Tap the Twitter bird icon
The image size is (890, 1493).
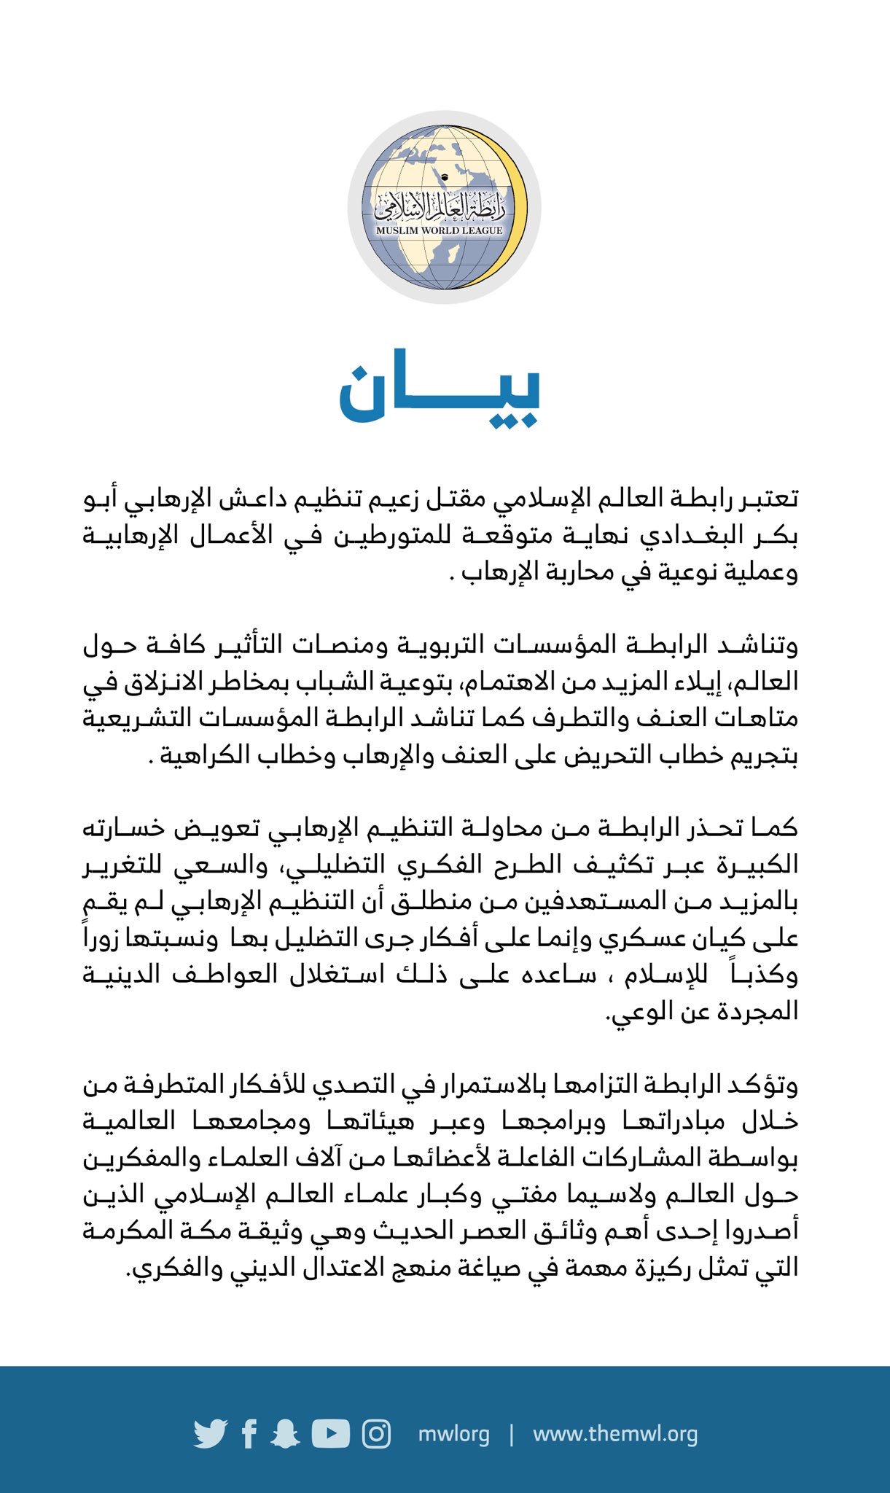pyautogui.click(x=211, y=1434)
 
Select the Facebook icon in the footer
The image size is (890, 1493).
pyautogui.click(x=249, y=1434)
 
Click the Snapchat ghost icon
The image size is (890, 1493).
pyautogui.click(x=285, y=1434)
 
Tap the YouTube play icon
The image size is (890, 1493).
pyautogui.click(x=331, y=1433)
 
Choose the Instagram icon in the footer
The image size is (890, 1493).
pyautogui.click(x=377, y=1434)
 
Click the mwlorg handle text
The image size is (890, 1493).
pyautogui.click(x=453, y=1434)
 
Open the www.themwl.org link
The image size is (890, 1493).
pyautogui.click(x=615, y=1434)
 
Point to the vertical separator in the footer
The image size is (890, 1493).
pyautogui.click(x=512, y=1434)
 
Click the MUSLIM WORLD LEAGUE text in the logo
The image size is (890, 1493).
pyautogui.click(x=440, y=230)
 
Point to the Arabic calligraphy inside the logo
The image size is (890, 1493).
pyautogui.click(x=440, y=207)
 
